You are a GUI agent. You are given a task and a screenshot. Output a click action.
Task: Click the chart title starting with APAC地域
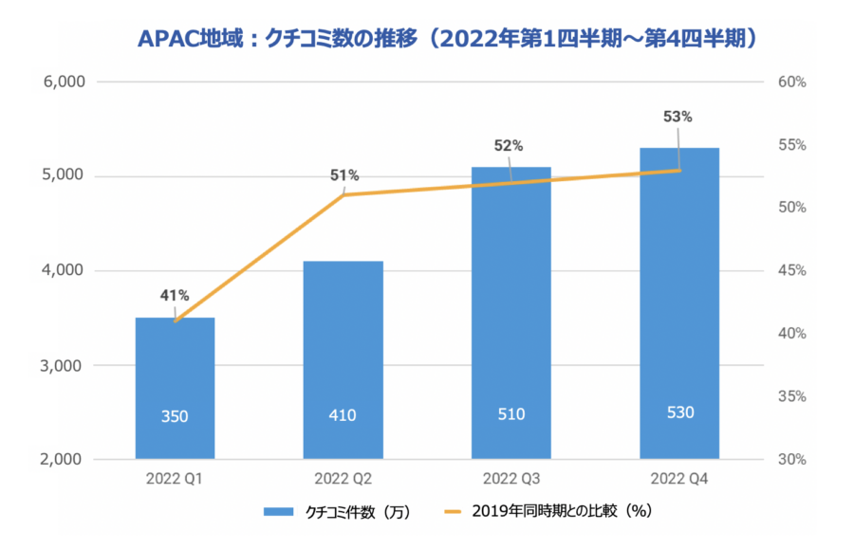(452, 38)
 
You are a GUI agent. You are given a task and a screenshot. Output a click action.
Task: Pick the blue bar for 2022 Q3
(511, 313)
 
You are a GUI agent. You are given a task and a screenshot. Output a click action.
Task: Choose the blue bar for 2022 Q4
(679, 303)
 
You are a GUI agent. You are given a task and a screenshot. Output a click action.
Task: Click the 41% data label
(175, 296)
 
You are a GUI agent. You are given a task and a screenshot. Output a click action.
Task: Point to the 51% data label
(343, 175)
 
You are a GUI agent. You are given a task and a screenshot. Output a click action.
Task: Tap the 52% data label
(509, 146)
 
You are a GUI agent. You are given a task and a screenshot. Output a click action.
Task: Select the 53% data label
(678, 118)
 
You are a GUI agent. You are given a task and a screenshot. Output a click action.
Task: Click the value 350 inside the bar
(175, 414)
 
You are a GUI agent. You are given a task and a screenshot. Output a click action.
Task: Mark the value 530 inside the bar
(679, 412)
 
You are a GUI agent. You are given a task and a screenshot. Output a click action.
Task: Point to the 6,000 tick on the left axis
(65, 82)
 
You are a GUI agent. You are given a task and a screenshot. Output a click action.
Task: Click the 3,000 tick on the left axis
(65, 366)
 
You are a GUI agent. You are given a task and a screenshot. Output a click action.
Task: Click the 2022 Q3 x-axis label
(511, 478)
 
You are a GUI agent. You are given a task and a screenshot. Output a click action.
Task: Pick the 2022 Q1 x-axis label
(175, 478)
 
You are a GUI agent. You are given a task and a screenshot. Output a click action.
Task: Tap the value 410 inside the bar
(343, 414)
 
